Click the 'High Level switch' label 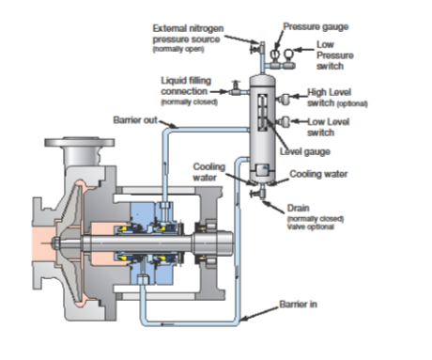click(x=335, y=97)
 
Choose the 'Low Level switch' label click(x=330, y=127)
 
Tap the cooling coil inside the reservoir click(x=267, y=169)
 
